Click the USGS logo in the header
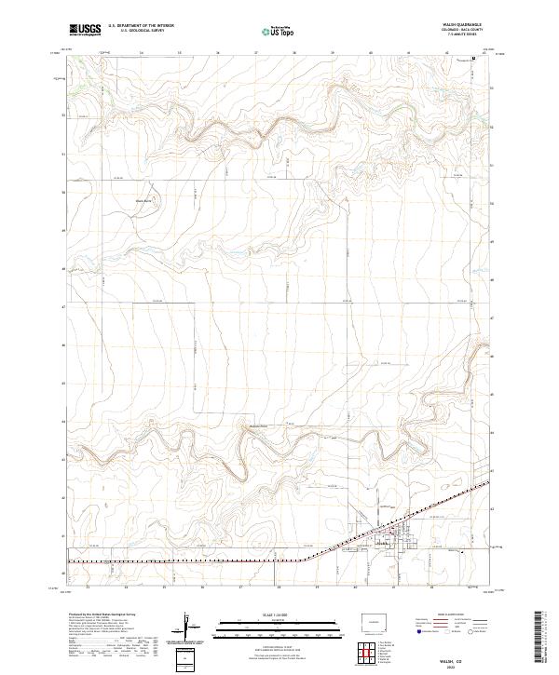(85, 31)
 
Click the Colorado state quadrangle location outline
(376, 622)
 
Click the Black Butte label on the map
(145, 200)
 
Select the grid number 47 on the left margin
(62, 306)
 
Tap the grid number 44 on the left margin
(62, 421)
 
